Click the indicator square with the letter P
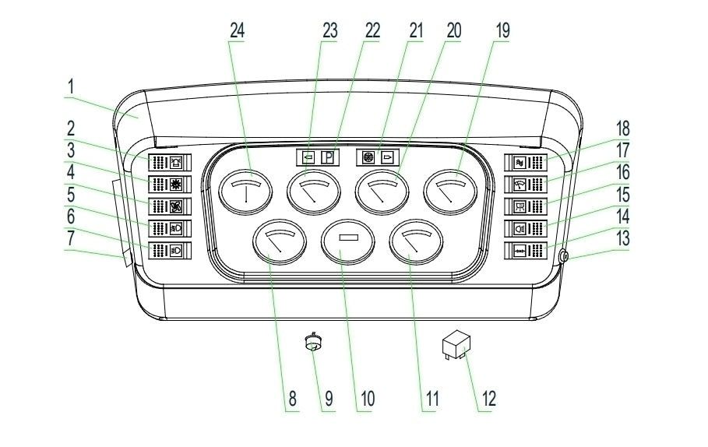point(327,157)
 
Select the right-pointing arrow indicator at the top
point(386,157)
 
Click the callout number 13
point(624,234)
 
